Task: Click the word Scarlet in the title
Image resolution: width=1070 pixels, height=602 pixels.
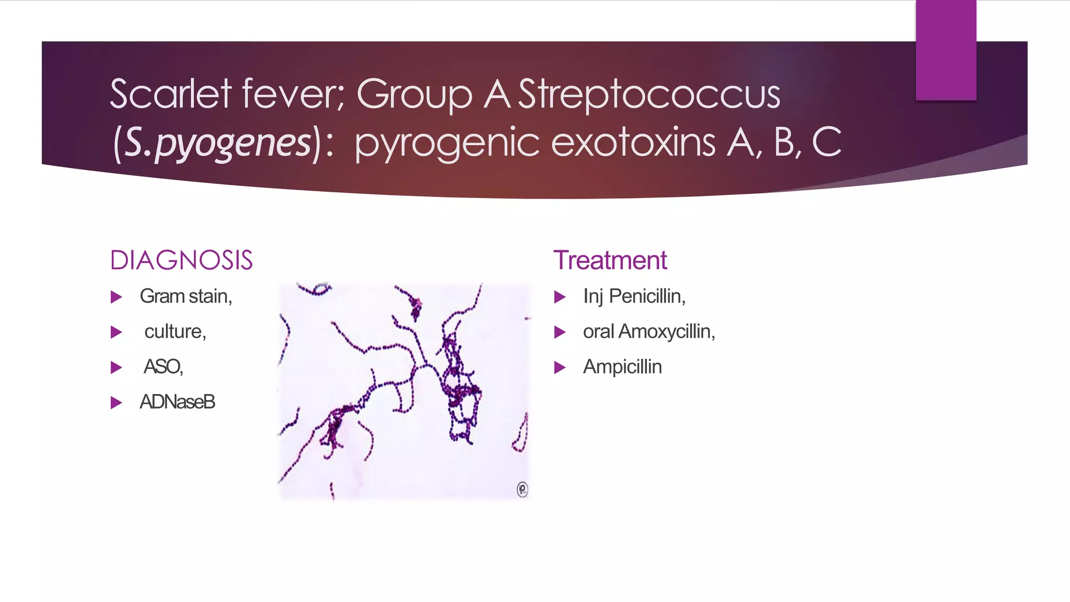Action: pyautogui.click(x=170, y=94)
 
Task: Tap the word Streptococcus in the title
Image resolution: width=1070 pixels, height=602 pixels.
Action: pyautogui.click(x=649, y=94)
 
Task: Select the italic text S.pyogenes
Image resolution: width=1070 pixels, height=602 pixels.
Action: pyautogui.click(x=218, y=143)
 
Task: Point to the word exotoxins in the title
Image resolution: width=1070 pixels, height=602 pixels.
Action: pyautogui.click(x=633, y=143)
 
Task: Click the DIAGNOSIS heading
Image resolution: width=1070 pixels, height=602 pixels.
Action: pyautogui.click(x=181, y=260)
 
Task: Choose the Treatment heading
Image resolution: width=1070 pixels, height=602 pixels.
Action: pyautogui.click(x=610, y=260)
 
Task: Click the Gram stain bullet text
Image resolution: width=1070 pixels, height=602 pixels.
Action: pyautogui.click(x=185, y=296)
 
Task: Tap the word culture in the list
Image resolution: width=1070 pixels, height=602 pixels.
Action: pyautogui.click(x=174, y=331)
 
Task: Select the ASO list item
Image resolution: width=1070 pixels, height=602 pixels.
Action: pyautogui.click(x=163, y=366)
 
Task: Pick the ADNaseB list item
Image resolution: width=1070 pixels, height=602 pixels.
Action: pyautogui.click(x=177, y=402)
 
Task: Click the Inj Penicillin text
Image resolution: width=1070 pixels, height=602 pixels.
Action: pyautogui.click(x=634, y=296)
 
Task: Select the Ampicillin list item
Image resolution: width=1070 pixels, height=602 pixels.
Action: pyautogui.click(x=622, y=367)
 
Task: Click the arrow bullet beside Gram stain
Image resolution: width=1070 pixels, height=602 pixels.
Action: pyautogui.click(x=116, y=297)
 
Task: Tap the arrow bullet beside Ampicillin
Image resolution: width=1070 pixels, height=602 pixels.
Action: pyautogui.click(x=560, y=368)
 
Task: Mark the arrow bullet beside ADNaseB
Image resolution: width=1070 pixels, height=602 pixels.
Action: pyautogui.click(x=116, y=403)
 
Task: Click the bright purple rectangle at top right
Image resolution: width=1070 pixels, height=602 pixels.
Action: pyautogui.click(x=946, y=50)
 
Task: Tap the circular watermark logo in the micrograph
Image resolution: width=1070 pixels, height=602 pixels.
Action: pyautogui.click(x=522, y=489)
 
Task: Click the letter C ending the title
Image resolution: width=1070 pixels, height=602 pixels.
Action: pyautogui.click(x=827, y=142)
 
